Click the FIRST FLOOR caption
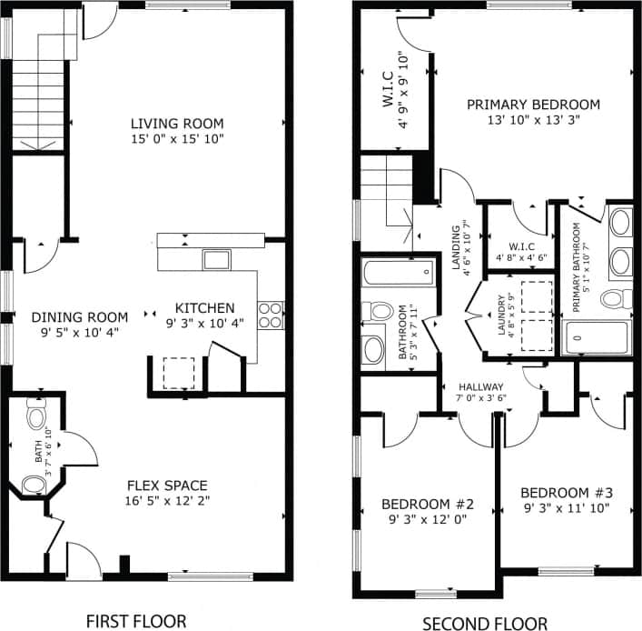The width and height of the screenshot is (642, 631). (135, 621)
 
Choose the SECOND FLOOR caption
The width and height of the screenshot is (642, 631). (485, 622)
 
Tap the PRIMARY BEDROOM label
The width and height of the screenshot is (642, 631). (533, 105)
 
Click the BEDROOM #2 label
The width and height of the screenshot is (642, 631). (428, 504)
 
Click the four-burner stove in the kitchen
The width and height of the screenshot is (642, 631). (271, 315)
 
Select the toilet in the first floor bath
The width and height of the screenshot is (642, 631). (36, 416)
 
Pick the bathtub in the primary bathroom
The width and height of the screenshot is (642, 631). (597, 338)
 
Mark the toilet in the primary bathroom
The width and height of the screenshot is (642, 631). (617, 297)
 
